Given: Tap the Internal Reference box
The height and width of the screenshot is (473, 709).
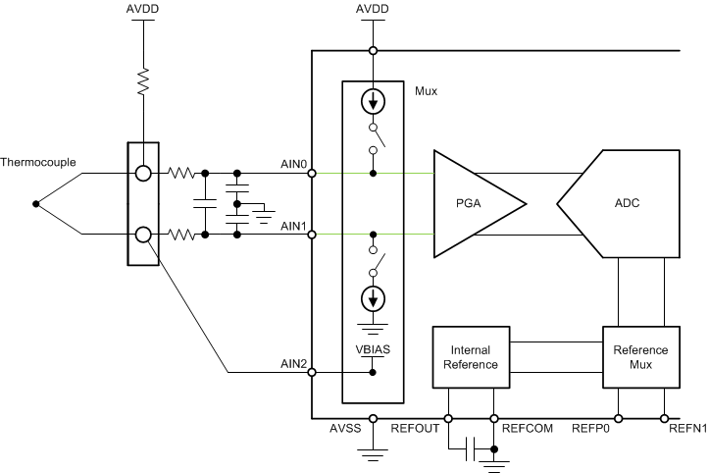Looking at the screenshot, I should pos(471,357).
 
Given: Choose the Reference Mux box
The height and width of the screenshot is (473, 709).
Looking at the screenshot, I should pos(640,357).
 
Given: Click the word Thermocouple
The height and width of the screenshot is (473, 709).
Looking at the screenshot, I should pos(38,162).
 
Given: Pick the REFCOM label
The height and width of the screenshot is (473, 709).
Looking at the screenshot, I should pos(524,429).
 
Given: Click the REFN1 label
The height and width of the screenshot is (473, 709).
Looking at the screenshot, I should pos(686,429).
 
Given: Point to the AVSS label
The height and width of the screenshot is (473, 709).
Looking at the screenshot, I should pos(346,429).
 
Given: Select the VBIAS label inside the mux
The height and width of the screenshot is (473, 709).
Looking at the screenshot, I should pos(372,346).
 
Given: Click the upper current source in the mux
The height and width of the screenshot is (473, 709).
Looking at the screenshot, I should pos(372,101).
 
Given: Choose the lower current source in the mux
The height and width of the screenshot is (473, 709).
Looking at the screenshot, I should pos(372,296).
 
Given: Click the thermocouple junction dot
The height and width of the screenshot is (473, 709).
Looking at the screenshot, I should pos(36,204).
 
